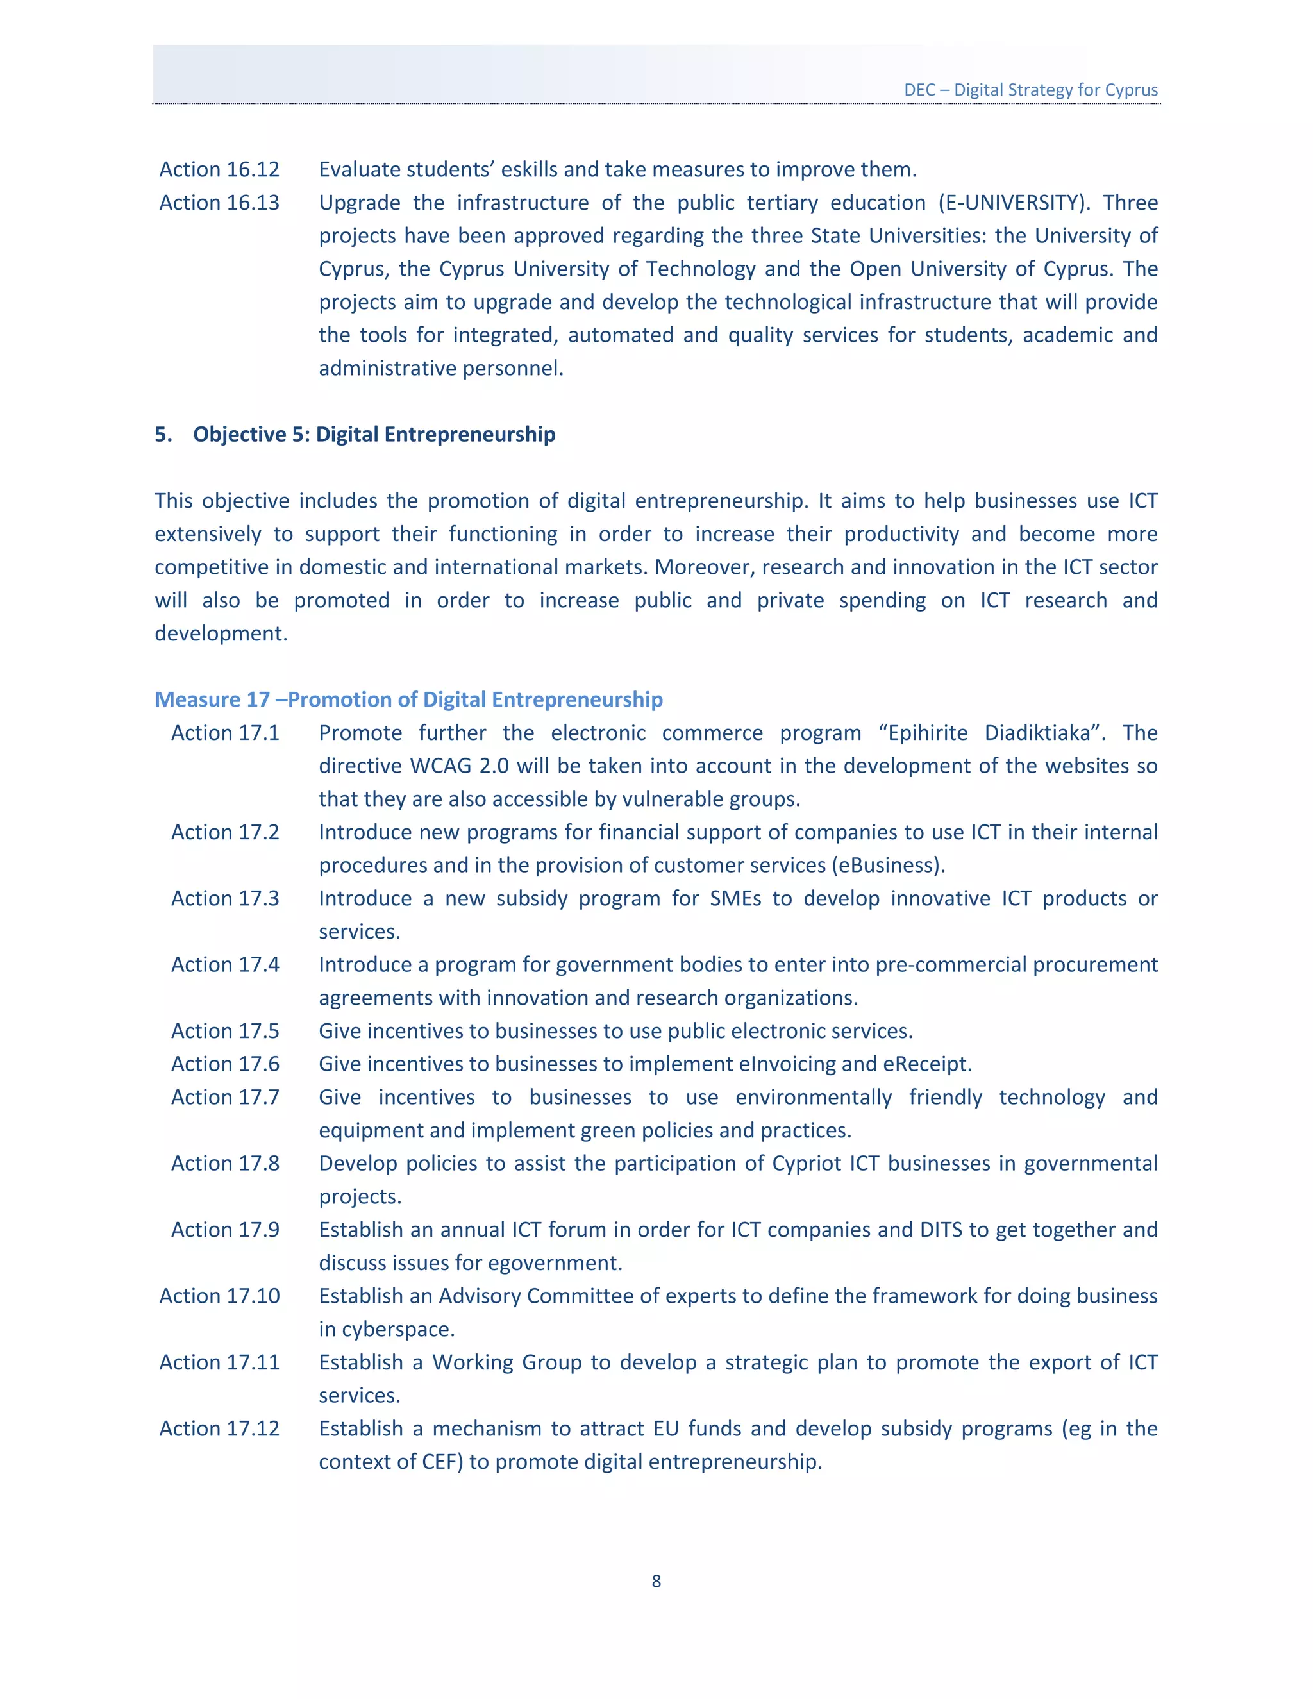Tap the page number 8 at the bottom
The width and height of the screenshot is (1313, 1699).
pos(656,1581)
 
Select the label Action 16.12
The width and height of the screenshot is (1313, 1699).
pos(219,170)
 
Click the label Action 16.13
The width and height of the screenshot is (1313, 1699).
pos(219,203)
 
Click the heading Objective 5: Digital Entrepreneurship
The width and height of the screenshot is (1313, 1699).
pos(373,434)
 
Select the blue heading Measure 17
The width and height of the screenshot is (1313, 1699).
pos(408,699)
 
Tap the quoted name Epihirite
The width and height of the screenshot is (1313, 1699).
pos(927,733)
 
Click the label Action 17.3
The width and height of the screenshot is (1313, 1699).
pos(225,898)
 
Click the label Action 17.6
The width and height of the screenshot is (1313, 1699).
pos(225,1064)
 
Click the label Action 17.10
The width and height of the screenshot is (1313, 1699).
pos(219,1296)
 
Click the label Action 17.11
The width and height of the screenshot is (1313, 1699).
pos(219,1362)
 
